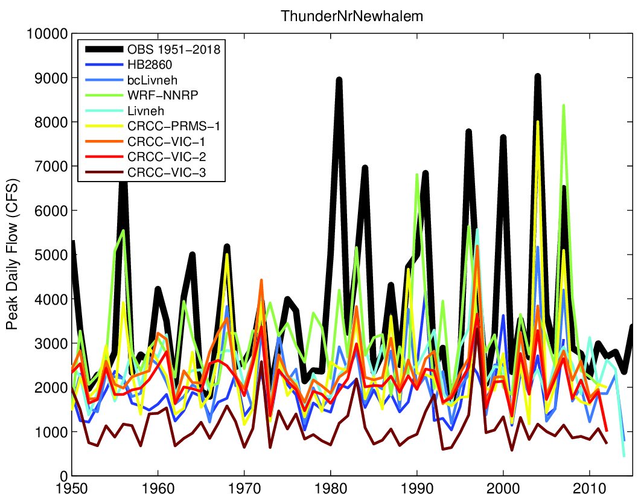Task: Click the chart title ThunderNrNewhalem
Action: coord(351,16)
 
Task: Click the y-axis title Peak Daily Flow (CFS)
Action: coord(12,254)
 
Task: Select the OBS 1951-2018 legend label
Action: coord(174,49)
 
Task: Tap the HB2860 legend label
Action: coord(150,65)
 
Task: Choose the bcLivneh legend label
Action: coord(152,80)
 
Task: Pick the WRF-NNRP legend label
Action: coord(163,95)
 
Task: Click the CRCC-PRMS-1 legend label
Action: coord(174,126)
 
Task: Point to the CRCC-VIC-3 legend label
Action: coord(167,173)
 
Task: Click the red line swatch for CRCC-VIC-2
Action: coord(104,157)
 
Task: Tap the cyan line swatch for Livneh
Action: coord(104,111)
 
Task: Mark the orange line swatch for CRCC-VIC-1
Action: coord(104,141)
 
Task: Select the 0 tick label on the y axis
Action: coord(63,476)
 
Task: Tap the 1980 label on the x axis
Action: coord(330,488)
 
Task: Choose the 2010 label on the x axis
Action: coord(590,488)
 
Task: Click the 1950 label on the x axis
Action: coord(72,488)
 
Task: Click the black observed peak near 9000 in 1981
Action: coord(339,80)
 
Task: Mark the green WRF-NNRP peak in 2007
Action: coord(564,106)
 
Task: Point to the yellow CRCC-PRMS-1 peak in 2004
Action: coord(538,121)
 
